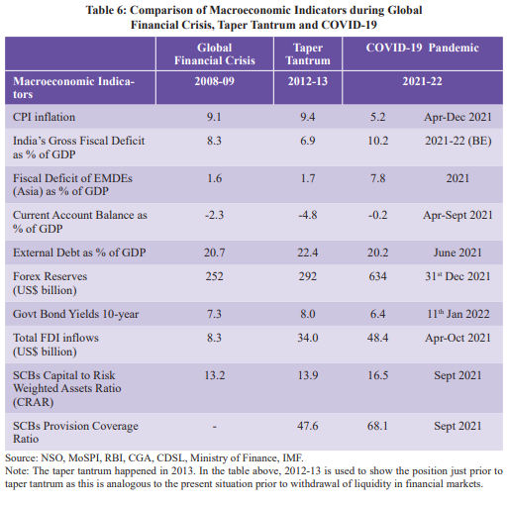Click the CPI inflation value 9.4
click(307, 117)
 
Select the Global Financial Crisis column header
click(215, 54)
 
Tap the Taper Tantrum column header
click(308, 54)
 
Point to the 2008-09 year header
click(214, 81)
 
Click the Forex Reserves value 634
click(377, 276)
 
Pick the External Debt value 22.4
click(307, 253)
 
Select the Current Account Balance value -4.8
click(307, 215)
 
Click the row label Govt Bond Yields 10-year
click(75, 314)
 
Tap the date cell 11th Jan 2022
click(457, 314)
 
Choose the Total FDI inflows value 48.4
click(377, 338)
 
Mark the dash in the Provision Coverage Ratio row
click(214, 427)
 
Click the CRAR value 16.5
click(377, 375)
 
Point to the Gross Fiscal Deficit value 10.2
click(377, 141)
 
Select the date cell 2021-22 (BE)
click(458, 141)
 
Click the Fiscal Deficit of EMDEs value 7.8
click(377, 178)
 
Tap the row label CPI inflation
click(44, 117)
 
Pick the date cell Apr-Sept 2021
click(457, 215)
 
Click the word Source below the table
click(21, 457)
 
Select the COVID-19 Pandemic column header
click(422, 48)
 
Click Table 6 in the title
click(106, 10)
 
